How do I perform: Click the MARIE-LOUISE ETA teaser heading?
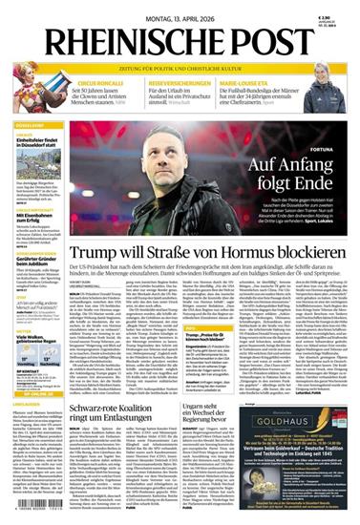click(274, 83)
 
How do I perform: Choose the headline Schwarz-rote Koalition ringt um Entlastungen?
click(103, 411)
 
